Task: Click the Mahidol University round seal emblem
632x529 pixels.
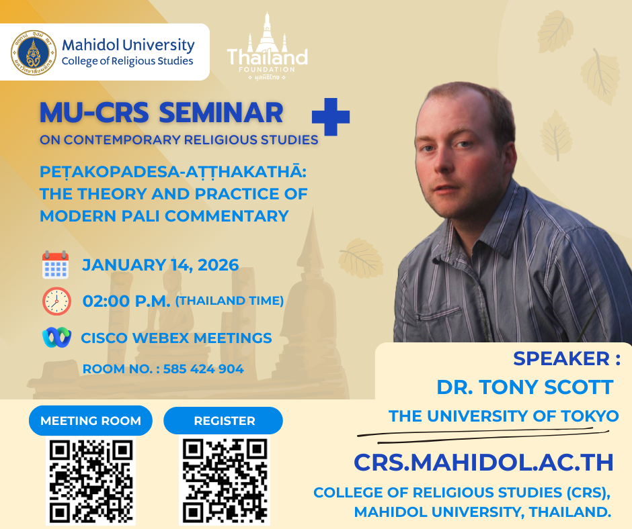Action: pos(34,53)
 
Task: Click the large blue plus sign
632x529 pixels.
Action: pos(331,117)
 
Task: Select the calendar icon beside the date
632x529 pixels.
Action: pos(56,265)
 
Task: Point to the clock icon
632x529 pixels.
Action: pos(57,301)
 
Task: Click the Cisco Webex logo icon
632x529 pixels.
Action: pos(57,338)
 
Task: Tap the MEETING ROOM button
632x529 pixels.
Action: pos(91,421)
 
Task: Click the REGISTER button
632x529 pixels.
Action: pos(223,421)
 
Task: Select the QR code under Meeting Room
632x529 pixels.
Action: pos(91,481)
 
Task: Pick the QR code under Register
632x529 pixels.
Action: pos(225,481)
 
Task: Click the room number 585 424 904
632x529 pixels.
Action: pos(203,369)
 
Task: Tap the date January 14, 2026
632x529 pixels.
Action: pos(161,265)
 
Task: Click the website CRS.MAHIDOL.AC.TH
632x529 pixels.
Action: pos(483,462)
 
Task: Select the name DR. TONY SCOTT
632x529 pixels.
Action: pos(525,387)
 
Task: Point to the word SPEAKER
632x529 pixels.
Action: pos(561,358)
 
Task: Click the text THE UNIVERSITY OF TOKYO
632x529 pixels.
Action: pos(504,416)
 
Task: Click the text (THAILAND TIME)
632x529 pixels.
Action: pos(229,301)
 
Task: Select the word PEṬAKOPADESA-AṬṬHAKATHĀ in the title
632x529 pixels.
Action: pos(173,173)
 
